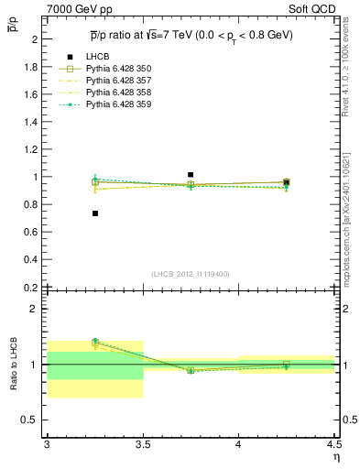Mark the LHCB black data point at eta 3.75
(191, 174)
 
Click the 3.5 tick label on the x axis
(142, 443)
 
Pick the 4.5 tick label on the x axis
(333, 443)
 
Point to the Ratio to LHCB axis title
(12, 364)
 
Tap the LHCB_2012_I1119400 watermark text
(191, 274)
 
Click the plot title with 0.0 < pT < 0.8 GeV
(191, 34)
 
